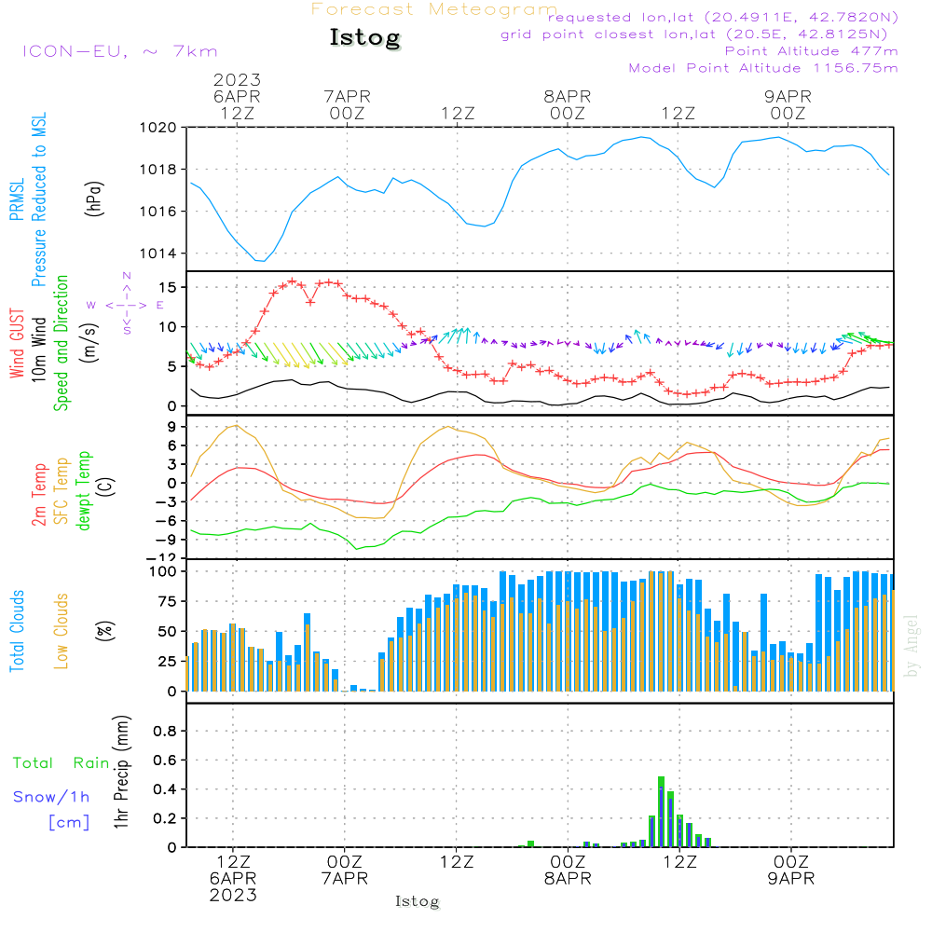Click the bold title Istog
(x=364, y=38)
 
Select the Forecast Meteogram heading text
(x=433, y=9)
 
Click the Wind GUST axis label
(x=17, y=346)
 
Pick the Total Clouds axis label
(x=17, y=630)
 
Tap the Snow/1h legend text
(x=52, y=797)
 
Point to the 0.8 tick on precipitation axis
(x=164, y=731)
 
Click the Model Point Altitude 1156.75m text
(x=763, y=68)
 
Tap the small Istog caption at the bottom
(x=417, y=901)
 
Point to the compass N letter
(x=127, y=276)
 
